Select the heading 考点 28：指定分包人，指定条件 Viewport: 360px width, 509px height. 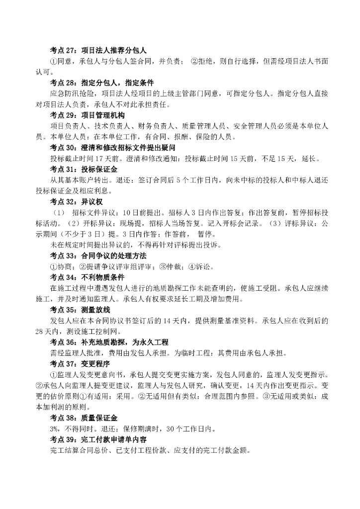point(101,82)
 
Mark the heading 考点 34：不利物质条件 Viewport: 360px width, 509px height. point(87,277)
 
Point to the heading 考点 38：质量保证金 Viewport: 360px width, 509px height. point(84,418)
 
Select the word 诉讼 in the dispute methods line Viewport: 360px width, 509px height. point(206,266)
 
